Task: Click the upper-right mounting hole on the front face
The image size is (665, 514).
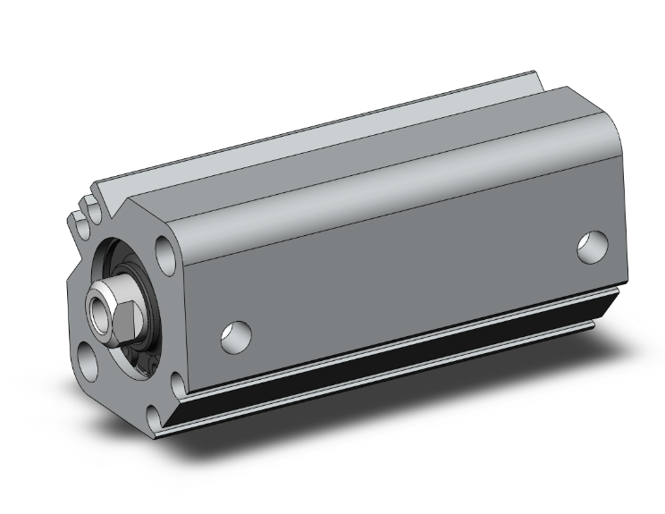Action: pos(164,249)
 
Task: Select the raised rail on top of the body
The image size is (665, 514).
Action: pos(313,143)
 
